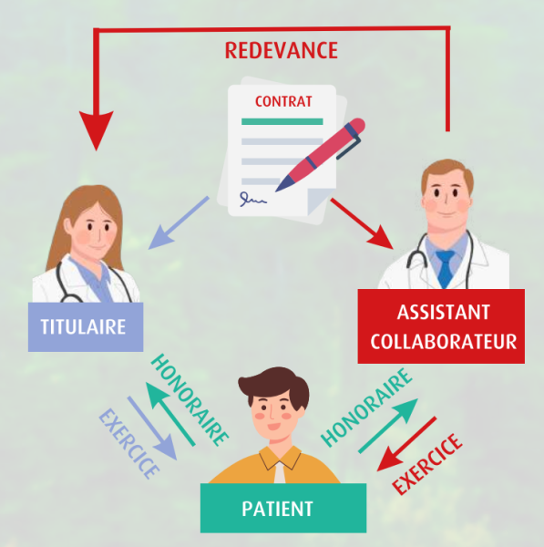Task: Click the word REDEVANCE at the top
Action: coord(282,50)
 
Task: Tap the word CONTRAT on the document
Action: coord(283,101)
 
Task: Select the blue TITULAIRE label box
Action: coord(86,327)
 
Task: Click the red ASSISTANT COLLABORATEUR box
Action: coord(441,326)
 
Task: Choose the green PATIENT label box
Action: coord(283,508)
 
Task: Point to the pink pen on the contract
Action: coord(320,155)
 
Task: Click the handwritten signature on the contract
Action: coord(252,199)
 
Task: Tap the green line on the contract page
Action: coord(282,121)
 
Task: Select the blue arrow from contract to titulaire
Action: coord(179,223)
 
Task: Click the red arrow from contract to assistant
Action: coord(362,223)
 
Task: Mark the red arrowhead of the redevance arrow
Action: coord(97,130)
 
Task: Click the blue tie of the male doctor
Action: coord(445,269)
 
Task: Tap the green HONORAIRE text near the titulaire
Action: coord(190,400)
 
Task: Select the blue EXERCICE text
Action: coord(128,443)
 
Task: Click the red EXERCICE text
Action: coord(427,464)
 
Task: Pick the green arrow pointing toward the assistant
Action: coord(388,426)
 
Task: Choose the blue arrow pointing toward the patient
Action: coord(152,428)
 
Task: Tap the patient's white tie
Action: coord(280,472)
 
